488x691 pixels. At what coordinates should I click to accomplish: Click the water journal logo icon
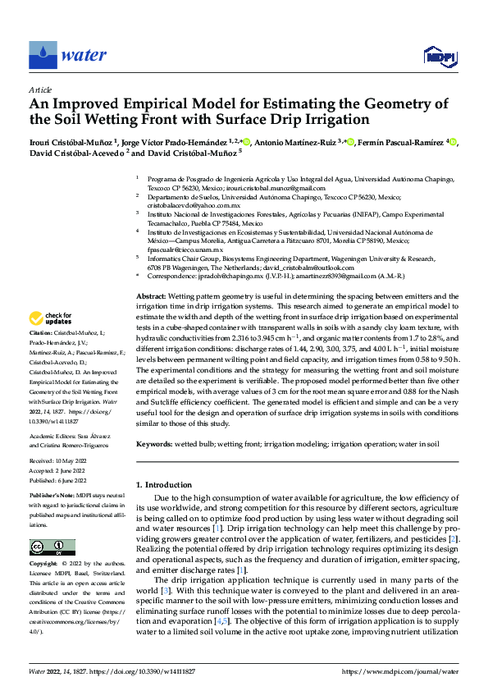(x=43, y=55)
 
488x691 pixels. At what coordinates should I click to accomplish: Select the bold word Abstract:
(x=151, y=295)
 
